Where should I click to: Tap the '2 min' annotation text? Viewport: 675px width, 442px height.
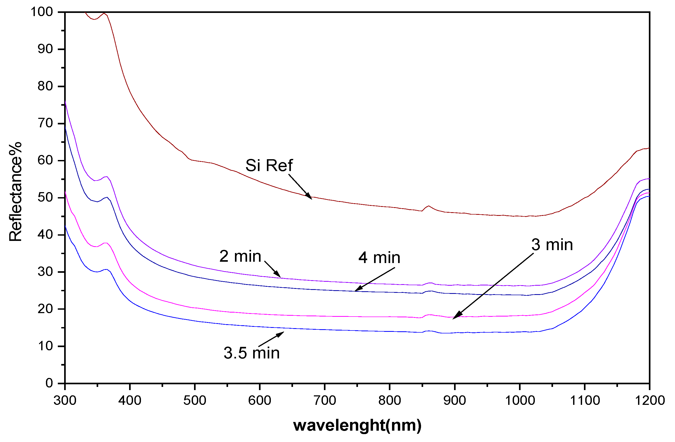click(x=240, y=256)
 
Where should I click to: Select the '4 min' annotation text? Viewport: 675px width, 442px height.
click(x=379, y=258)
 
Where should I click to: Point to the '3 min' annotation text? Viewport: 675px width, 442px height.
click(x=552, y=245)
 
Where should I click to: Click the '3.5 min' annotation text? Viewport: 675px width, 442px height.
click(x=252, y=353)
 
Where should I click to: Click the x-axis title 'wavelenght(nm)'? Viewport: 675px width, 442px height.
click(x=357, y=425)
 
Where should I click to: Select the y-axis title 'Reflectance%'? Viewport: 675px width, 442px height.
click(x=15, y=192)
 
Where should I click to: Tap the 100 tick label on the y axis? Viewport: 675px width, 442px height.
click(x=42, y=12)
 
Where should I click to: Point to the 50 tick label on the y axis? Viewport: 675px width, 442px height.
click(x=45, y=197)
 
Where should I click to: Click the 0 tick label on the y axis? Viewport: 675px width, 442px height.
click(x=49, y=383)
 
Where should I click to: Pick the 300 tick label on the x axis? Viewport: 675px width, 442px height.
click(x=65, y=400)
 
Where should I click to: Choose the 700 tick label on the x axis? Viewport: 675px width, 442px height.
click(x=325, y=400)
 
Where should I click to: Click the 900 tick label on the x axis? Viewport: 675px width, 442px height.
click(x=455, y=400)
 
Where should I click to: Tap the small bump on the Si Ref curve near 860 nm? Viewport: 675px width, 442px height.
click(x=428, y=206)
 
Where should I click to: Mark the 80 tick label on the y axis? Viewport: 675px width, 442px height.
click(x=45, y=86)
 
